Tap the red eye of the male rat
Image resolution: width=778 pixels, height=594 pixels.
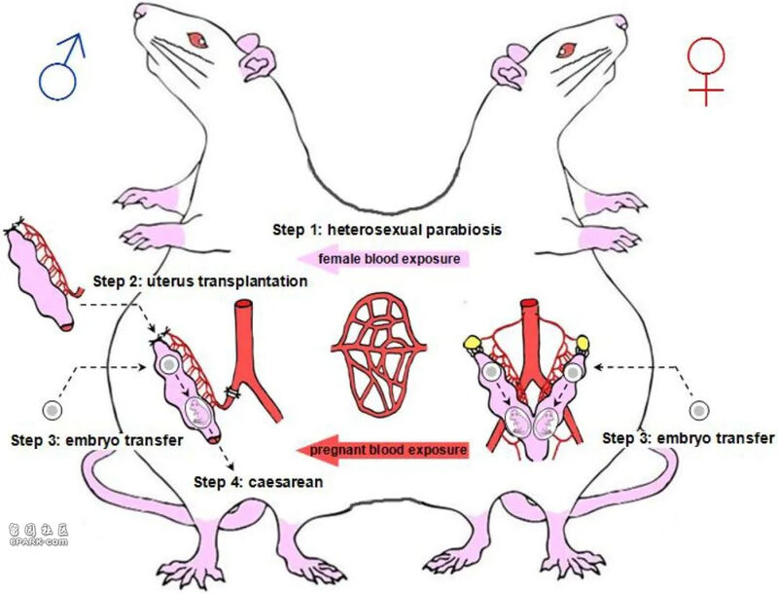coord(198,40)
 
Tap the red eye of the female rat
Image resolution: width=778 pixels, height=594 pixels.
coord(573,41)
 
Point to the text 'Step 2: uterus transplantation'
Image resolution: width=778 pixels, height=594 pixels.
coord(200,281)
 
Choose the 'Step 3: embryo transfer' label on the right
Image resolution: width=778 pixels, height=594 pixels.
coord(689,437)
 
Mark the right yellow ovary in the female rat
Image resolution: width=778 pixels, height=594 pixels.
coord(584,343)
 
